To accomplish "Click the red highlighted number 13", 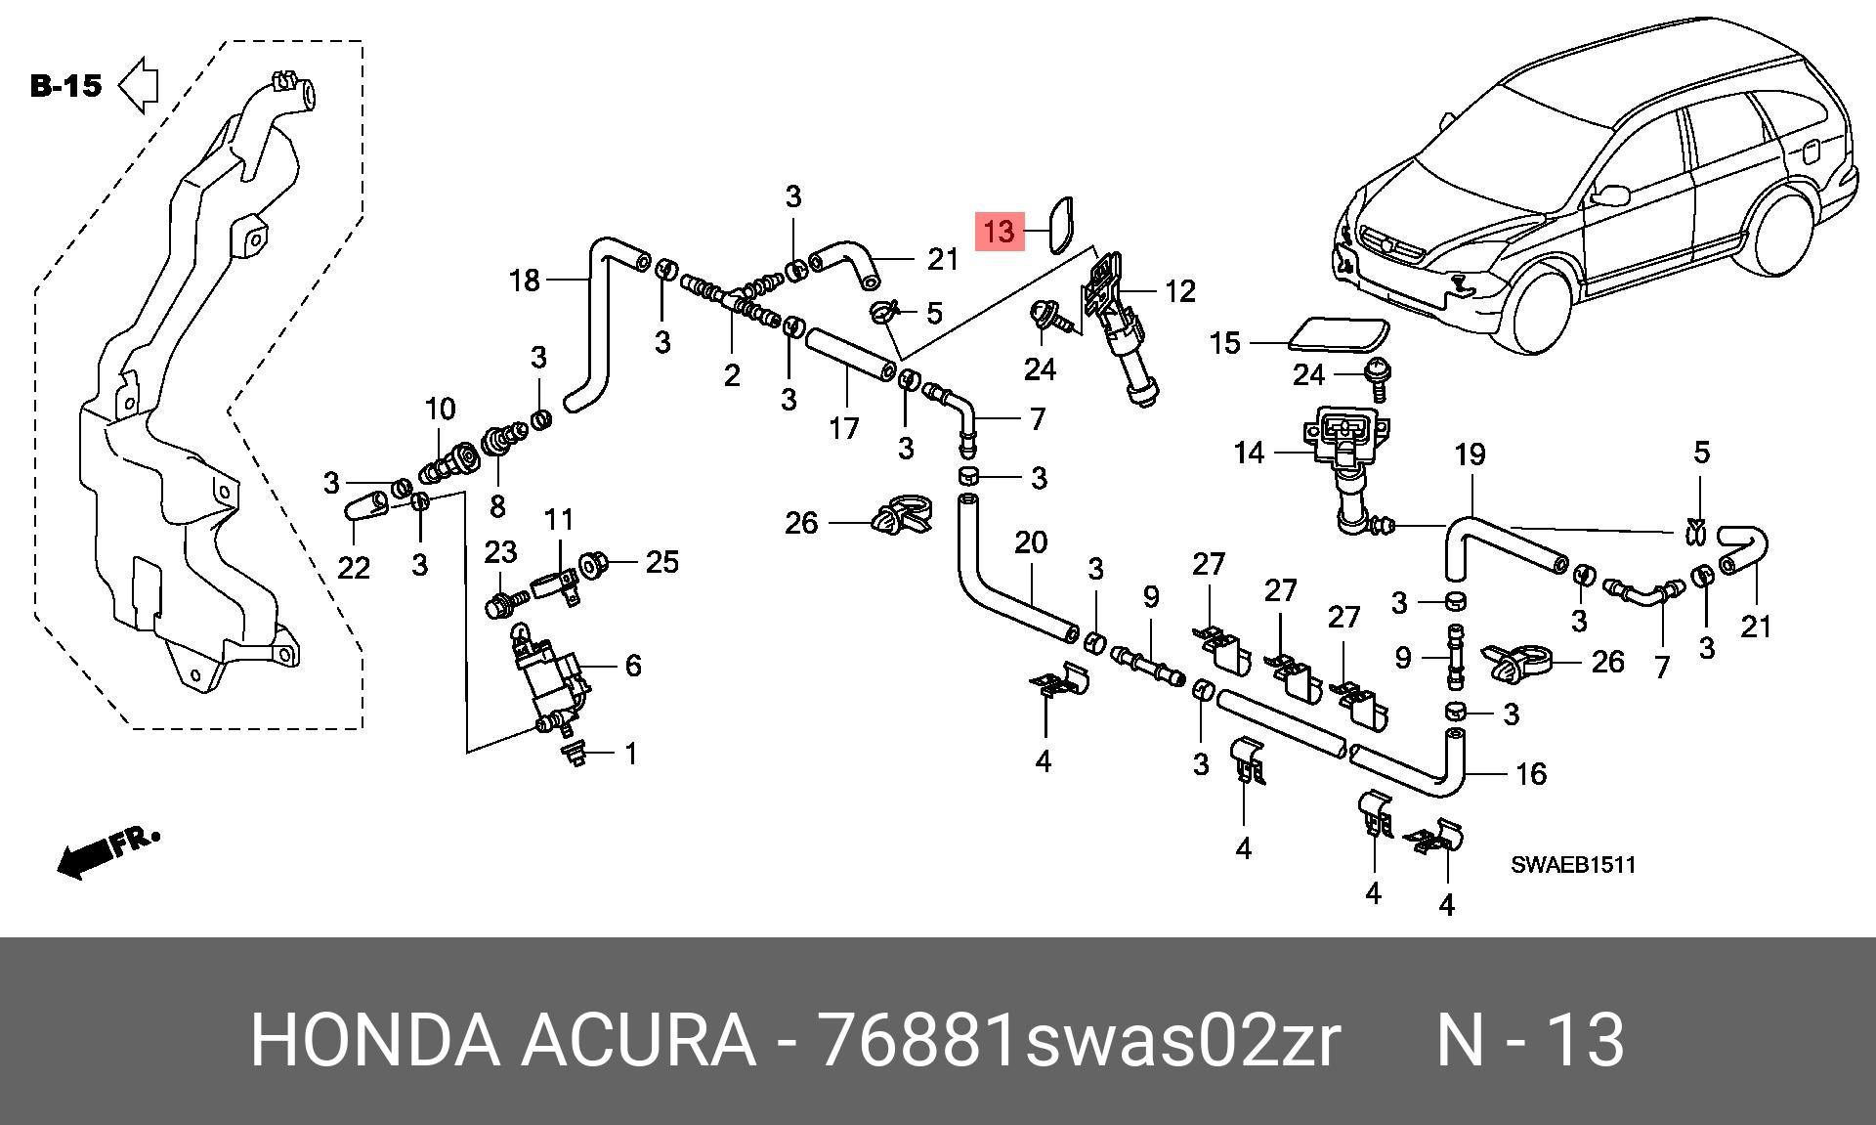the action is (1000, 232).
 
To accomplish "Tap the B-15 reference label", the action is (65, 86).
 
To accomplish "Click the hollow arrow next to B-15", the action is (139, 85).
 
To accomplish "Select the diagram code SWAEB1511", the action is (1573, 865).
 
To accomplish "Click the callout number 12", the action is (1179, 291).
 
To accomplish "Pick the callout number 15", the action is (1224, 343).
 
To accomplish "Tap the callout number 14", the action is (1249, 453).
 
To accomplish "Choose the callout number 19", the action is (1470, 454).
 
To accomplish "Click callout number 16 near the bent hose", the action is (1530, 774).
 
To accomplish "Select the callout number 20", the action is (1031, 541).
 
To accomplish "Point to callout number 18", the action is (525, 281).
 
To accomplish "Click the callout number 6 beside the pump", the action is (633, 666).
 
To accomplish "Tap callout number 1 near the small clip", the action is (631, 754).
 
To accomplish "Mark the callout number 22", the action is (354, 567).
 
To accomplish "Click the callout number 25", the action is (661, 562).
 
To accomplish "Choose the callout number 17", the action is (844, 428).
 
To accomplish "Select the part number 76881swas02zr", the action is (1079, 1040).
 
